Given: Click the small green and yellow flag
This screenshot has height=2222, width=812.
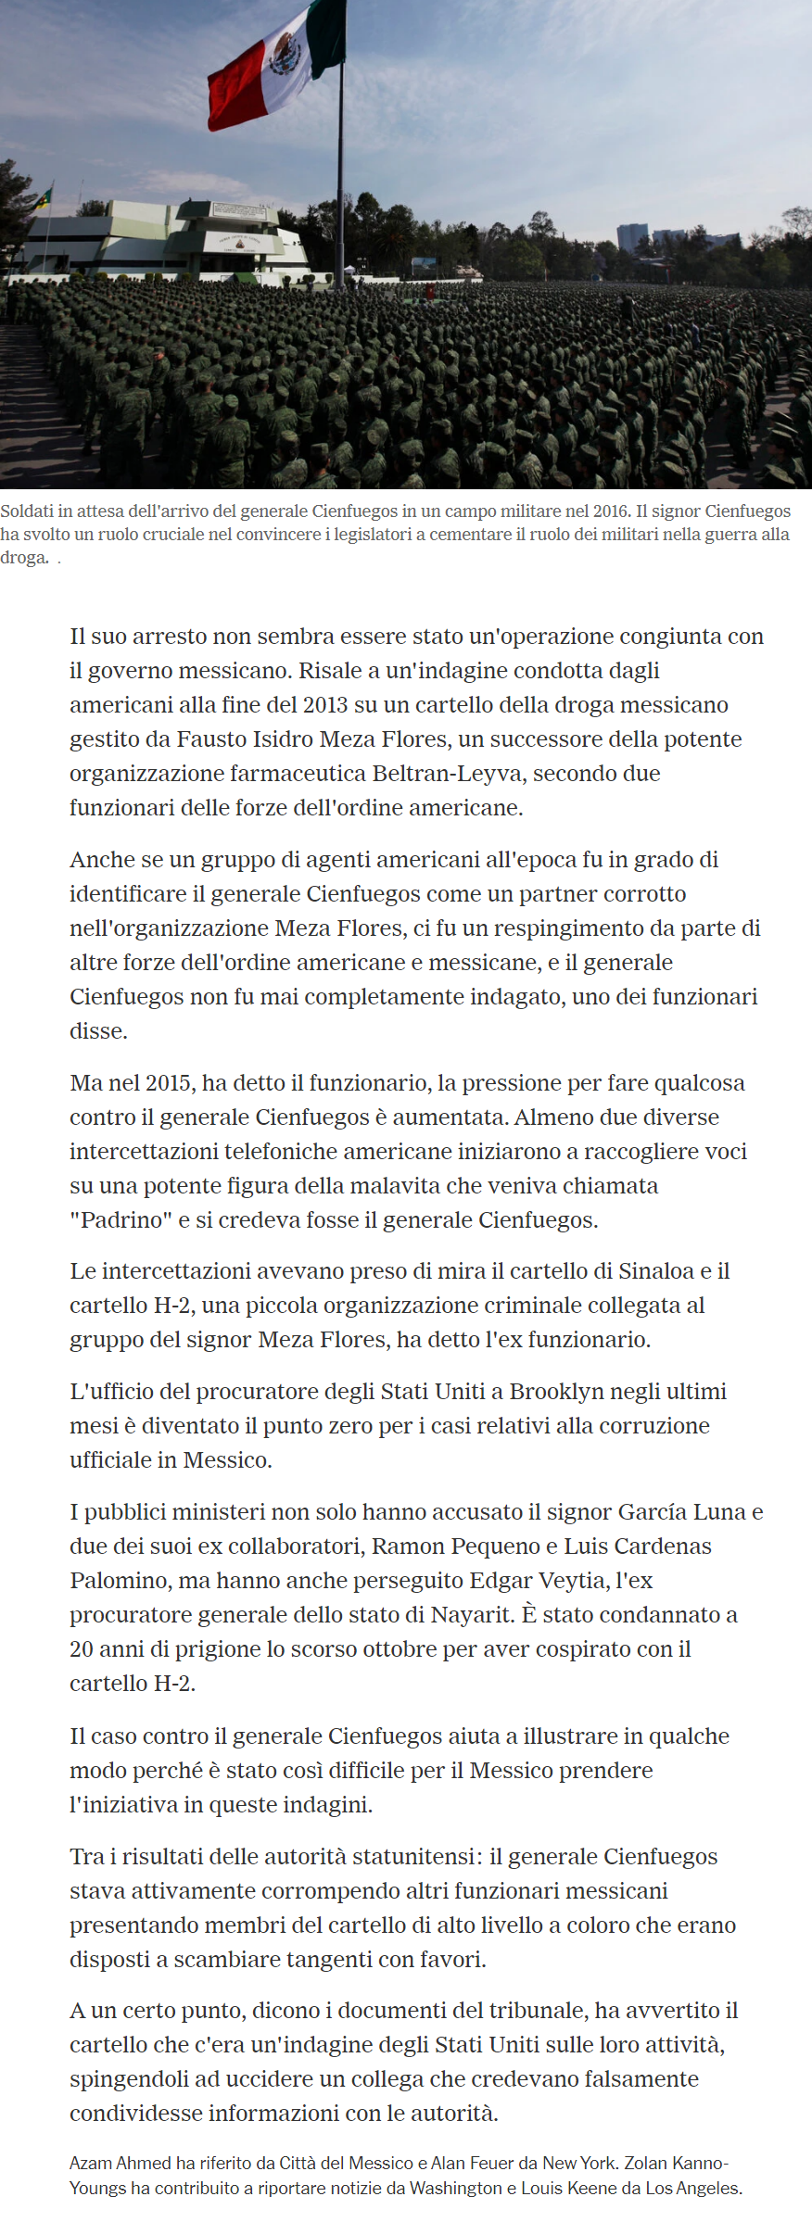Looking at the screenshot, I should coord(43,199).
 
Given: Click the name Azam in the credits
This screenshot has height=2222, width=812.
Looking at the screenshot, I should coord(90,2163).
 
